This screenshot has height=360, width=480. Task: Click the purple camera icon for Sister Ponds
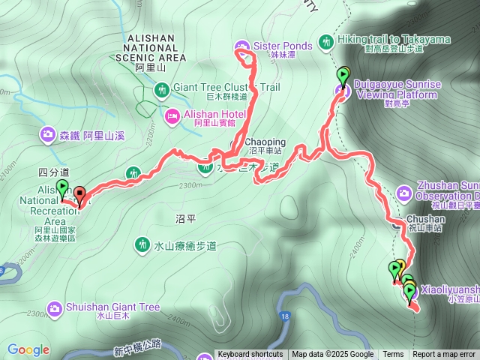241,45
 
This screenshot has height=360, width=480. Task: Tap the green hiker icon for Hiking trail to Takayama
326,41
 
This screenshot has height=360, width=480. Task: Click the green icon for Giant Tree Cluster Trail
161,91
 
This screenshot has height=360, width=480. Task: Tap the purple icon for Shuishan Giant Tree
55,307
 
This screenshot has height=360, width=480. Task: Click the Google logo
28,349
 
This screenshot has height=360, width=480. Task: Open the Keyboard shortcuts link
250,355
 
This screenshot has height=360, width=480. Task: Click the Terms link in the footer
393,355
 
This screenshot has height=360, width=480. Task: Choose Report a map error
444,355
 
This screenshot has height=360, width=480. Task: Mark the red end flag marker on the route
79,195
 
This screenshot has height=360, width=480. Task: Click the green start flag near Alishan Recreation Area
62,188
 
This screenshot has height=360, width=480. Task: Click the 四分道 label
52,172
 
